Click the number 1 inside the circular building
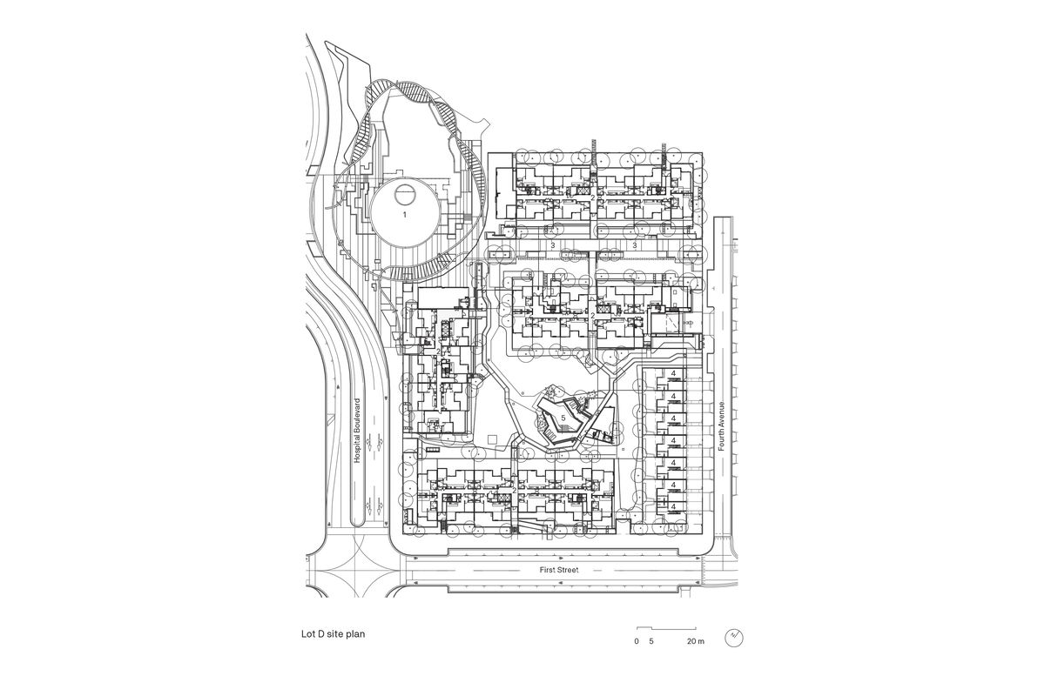coord(404,213)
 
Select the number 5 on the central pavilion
coord(563,418)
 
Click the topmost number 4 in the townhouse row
coord(673,375)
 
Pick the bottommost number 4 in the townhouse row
coord(673,505)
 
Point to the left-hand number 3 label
coord(553,246)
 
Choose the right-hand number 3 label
coord(635,246)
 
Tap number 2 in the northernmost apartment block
coord(593,198)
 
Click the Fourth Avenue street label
coord(722,425)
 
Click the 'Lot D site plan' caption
coord(327,635)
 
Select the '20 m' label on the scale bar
coord(694,641)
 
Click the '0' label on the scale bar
coord(637,641)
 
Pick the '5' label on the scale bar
coord(651,641)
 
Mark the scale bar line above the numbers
coord(666,628)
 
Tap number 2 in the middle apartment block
coord(593,315)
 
